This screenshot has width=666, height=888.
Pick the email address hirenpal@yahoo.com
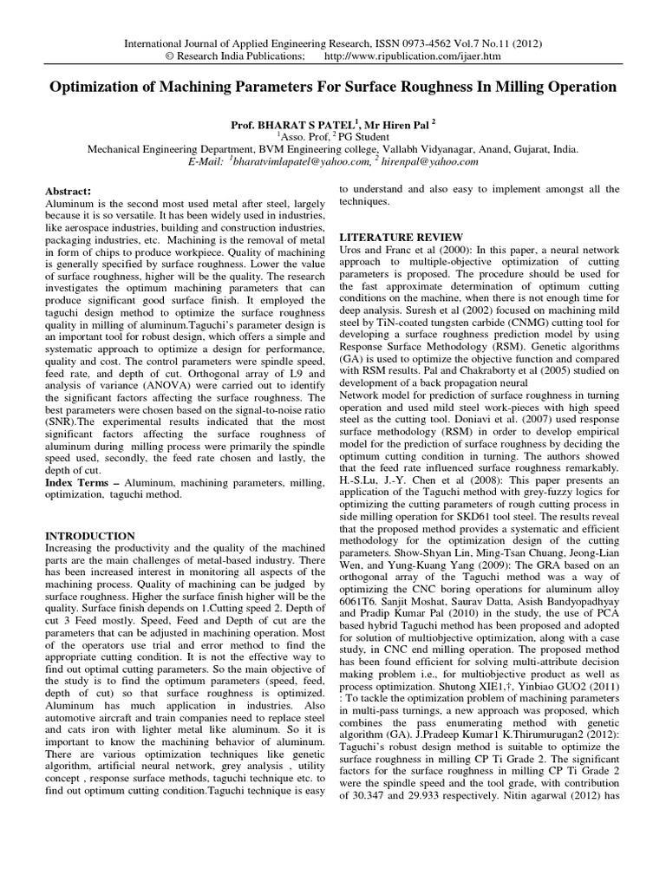430,161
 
